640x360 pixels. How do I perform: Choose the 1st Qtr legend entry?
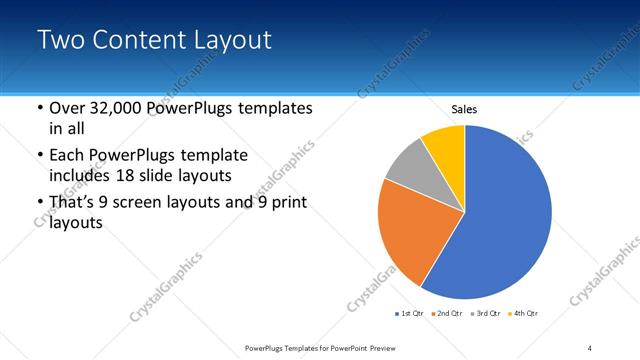point(411,314)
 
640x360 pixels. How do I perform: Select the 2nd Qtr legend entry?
point(448,314)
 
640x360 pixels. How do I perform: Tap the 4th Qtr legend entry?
point(525,314)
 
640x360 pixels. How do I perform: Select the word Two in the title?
point(63,40)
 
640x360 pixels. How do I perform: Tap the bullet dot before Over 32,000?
point(39,109)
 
